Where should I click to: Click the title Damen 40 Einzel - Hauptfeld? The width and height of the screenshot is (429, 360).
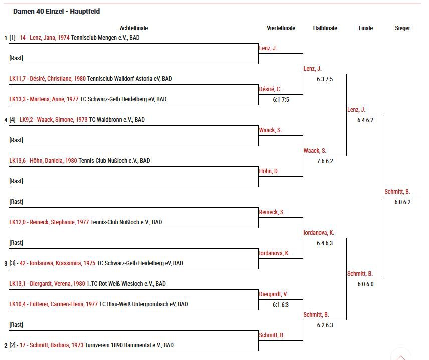click(56, 11)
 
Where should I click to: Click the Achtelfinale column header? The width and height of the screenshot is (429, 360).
click(134, 28)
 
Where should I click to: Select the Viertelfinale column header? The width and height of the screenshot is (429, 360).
click(281, 28)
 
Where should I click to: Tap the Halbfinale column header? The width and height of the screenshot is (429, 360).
click(325, 28)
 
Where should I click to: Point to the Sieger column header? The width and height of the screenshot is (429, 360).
click(402, 28)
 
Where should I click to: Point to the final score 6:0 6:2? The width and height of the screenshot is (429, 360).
click(402, 202)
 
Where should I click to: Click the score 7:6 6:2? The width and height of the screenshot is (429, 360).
click(325, 161)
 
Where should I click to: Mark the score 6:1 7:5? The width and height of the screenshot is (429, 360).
click(281, 100)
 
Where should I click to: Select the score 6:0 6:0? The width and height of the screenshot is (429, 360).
click(365, 284)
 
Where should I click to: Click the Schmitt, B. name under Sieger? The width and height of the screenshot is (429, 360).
click(397, 192)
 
